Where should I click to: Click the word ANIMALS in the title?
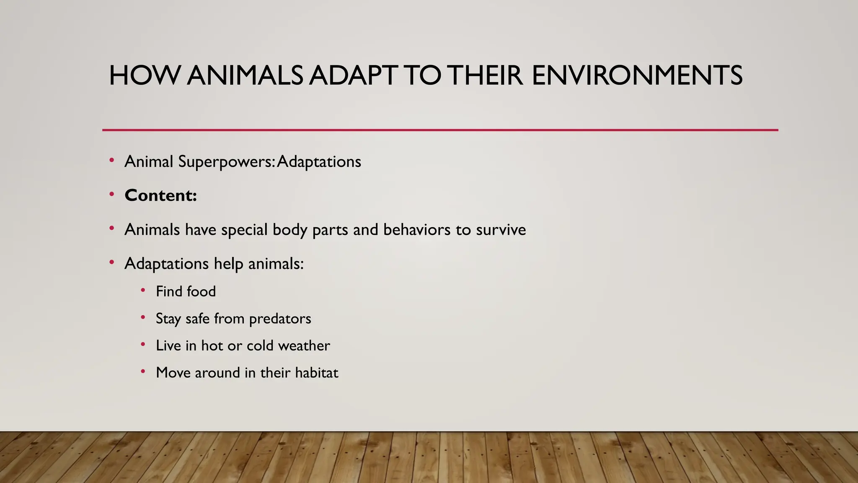[245, 76]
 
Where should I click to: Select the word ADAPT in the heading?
[353, 76]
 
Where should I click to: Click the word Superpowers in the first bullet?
[225, 162]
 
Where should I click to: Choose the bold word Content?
[160, 195]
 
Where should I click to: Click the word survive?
[501, 230]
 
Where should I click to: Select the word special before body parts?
[244, 230]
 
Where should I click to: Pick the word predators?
[280, 319]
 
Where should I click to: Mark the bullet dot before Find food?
[143, 290]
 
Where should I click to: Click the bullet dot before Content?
[111, 194]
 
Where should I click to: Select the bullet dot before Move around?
[143, 371]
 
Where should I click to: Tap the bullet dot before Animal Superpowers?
[111, 160]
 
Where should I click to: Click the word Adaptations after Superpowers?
[319, 162]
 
